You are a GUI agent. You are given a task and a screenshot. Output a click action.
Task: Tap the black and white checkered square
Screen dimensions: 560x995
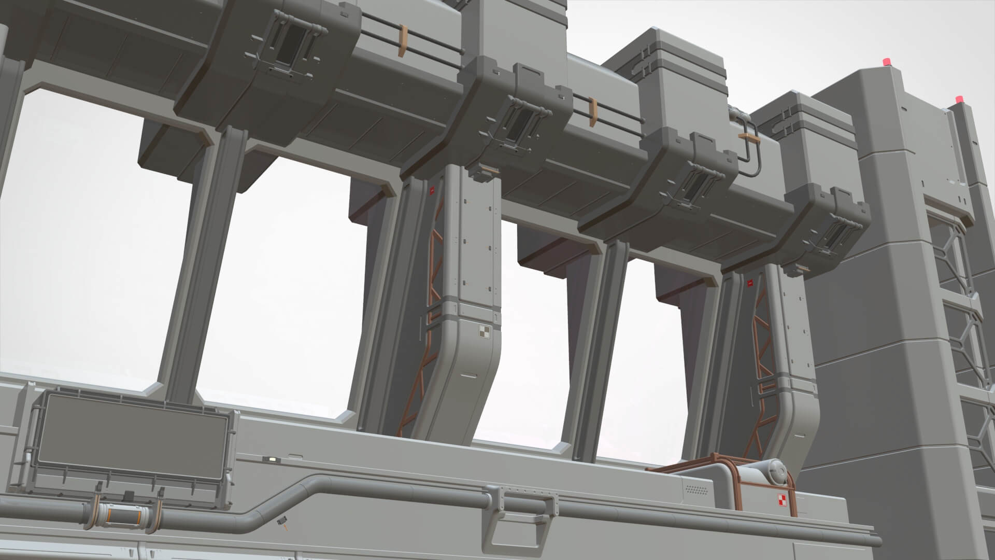tap(484, 332)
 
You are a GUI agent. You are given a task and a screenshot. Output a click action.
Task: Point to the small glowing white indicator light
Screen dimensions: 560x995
tap(270, 459)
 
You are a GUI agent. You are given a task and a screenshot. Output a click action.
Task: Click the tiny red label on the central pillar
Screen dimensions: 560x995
tap(431, 190)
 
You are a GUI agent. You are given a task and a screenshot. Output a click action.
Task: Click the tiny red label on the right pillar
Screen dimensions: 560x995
tap(749, 283)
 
